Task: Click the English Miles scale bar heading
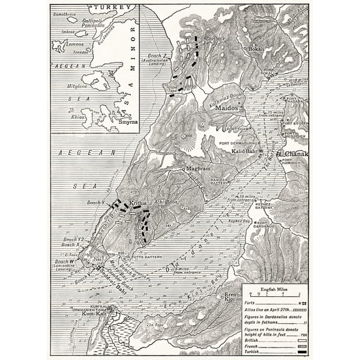click(274, 290)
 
